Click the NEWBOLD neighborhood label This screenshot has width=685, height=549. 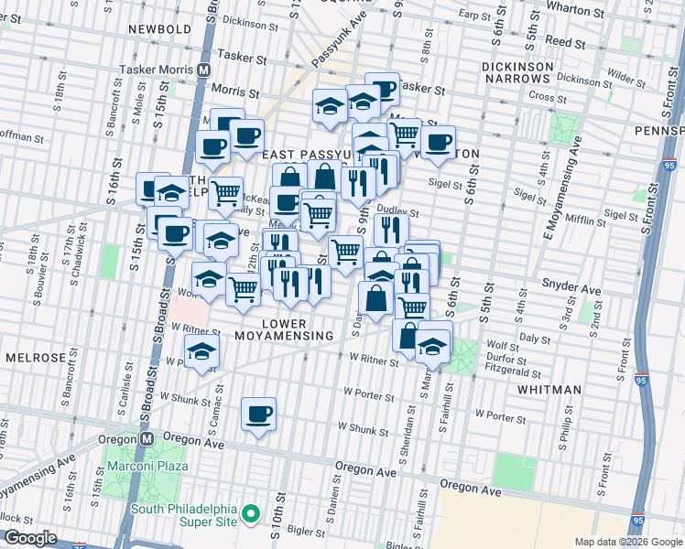160,29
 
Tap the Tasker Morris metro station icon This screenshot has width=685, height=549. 204,70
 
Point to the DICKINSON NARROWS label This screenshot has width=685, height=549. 518,73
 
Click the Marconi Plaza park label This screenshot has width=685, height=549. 148,466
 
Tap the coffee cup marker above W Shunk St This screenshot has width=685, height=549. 259,414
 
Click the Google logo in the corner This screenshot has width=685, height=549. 29,538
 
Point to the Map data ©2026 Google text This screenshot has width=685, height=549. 626,541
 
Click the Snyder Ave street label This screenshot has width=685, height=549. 571,289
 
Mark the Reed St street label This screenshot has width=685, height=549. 565,43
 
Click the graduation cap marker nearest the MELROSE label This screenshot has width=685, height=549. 201,350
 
